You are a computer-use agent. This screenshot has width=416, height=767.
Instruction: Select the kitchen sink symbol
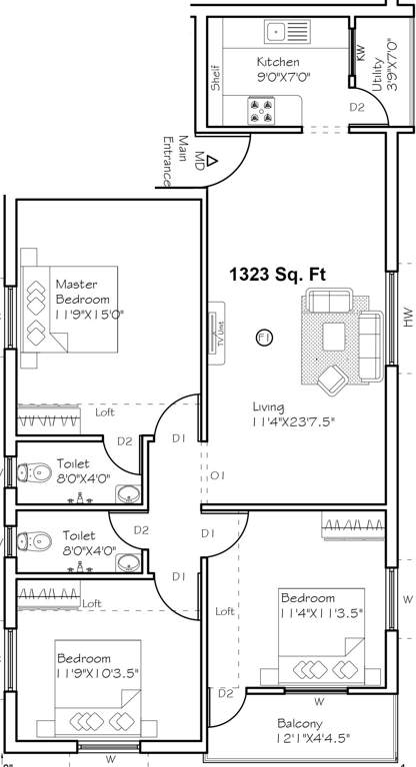(x=275, y=33)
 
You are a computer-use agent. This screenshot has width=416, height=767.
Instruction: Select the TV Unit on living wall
(x=215, y=331)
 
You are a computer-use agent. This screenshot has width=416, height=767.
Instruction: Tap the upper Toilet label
(x=73, y=463)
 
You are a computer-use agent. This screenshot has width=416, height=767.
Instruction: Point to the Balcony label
(x=301, y=723)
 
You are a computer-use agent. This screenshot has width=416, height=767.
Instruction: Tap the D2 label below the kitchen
(x=357, y=107)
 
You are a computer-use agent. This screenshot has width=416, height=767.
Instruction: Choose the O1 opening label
(x=217, y=475)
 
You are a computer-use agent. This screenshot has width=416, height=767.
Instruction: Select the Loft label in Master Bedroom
(x=104, y=411)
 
